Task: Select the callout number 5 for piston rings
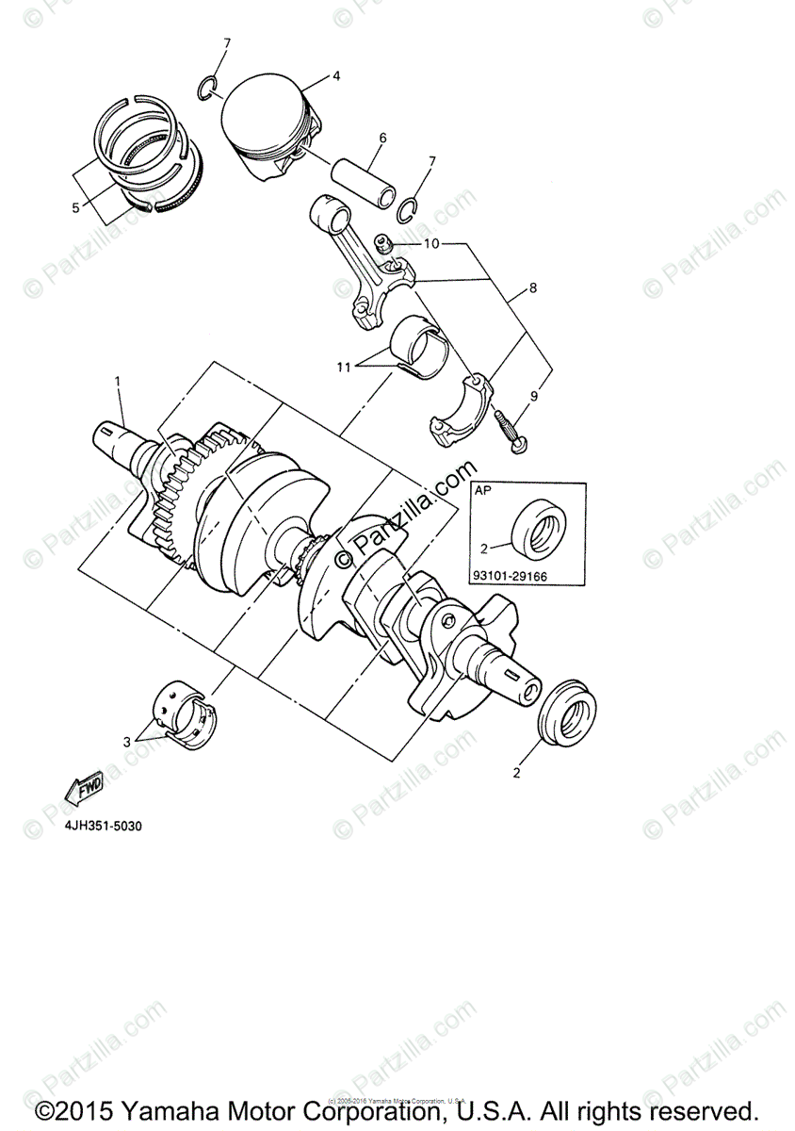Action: pyautogui.click(x=75, y=207)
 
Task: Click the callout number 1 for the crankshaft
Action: pyautogui.click(x=119, y=381)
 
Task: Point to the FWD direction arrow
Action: pyautogui.click(x=84, y=789)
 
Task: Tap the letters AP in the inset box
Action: pyautogui.click(x=483, y=491)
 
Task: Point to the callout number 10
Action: pyautogui.click(x=430, y=244)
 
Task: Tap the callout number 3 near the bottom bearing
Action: pyautogui.click(x=127, y=743)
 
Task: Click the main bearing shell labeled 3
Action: pyautogui.click(x=185, y=716)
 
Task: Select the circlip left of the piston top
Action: pyautogui.click(x=210, y=88)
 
